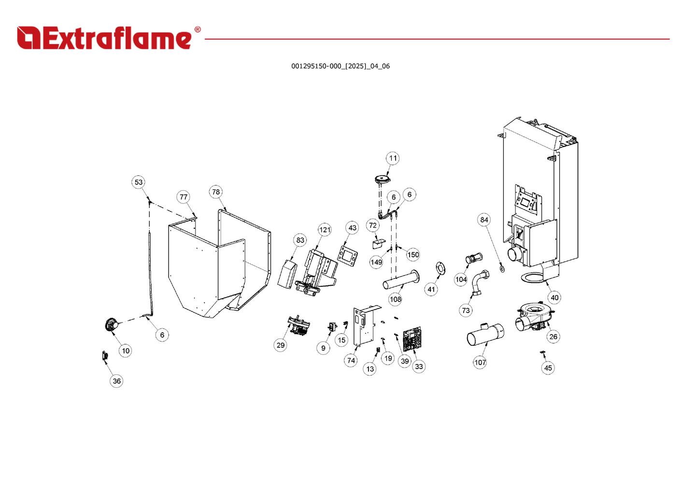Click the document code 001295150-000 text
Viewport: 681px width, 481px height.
(x=340, y=66)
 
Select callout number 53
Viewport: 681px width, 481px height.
(x=139, y=182)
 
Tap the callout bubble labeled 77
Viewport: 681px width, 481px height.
(x=183, y=197)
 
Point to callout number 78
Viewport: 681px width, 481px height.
(x=216, y=192)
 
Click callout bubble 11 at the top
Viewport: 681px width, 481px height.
(x=393, y=158)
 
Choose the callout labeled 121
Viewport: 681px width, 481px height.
(x=325, y=229)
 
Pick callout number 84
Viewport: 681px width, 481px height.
(x=484, y=220)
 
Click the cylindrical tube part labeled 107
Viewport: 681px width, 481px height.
(x=484, y=334)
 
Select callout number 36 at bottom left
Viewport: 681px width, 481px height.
(x=116, y=381)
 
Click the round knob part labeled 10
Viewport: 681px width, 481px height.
(x=112, y=325)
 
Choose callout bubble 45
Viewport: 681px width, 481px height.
(x=548, y=368)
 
